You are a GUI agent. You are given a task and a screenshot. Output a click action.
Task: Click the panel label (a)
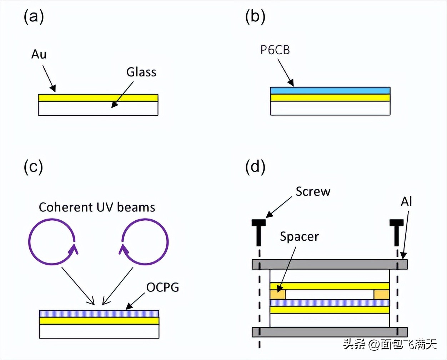[34, 16]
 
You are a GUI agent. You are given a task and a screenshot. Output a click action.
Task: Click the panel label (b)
[255, 16]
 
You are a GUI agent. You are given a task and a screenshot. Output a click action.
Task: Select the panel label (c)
[34, 167]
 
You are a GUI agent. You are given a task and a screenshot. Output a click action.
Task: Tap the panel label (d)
[255, 167]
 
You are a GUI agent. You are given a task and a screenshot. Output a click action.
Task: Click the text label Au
[39, 54]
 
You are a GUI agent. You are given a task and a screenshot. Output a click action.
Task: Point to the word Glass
[141, 72]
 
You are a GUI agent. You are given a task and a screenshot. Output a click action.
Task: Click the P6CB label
[275, 50]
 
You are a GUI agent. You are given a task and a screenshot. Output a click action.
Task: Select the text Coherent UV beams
[97, 207]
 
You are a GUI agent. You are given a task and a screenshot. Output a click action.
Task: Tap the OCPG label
[162, 287]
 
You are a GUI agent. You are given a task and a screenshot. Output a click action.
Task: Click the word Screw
[313, 191]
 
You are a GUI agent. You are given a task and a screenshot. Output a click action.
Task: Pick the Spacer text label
[299, 236]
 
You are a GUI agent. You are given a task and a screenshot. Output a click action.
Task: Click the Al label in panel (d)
[406, 202]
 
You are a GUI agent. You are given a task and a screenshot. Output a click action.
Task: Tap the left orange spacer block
[278, 295]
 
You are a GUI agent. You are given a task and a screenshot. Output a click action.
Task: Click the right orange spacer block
[381, 295]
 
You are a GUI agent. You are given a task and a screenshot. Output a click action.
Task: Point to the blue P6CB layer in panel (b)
[330, 90]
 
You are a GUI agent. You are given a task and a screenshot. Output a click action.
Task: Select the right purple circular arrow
[145, 242]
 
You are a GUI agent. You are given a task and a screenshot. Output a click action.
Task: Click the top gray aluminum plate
[330, 264]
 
